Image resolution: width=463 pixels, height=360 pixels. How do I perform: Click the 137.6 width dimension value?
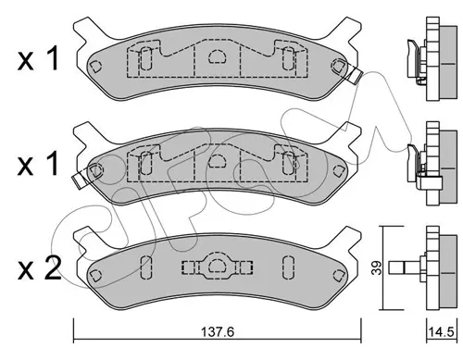[x=218, y=332]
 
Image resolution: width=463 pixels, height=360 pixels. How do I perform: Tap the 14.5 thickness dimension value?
[x=441, y=332]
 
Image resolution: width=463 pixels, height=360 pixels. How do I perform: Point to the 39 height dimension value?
[x=376, y=267]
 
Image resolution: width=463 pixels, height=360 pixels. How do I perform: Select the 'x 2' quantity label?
[x=40, y=269]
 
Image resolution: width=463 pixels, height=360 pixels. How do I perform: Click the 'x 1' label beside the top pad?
[x=38, y=59]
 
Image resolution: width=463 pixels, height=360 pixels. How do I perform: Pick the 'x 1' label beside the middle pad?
[x=38, y=164]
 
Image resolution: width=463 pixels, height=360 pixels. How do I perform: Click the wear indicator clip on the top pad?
[x=356, y=75]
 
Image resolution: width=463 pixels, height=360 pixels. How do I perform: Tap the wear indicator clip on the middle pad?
[x=80, y=180]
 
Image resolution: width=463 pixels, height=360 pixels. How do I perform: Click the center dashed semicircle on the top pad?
[x=218, y=56]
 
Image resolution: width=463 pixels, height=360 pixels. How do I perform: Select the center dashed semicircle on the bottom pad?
[x=218, y=266]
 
